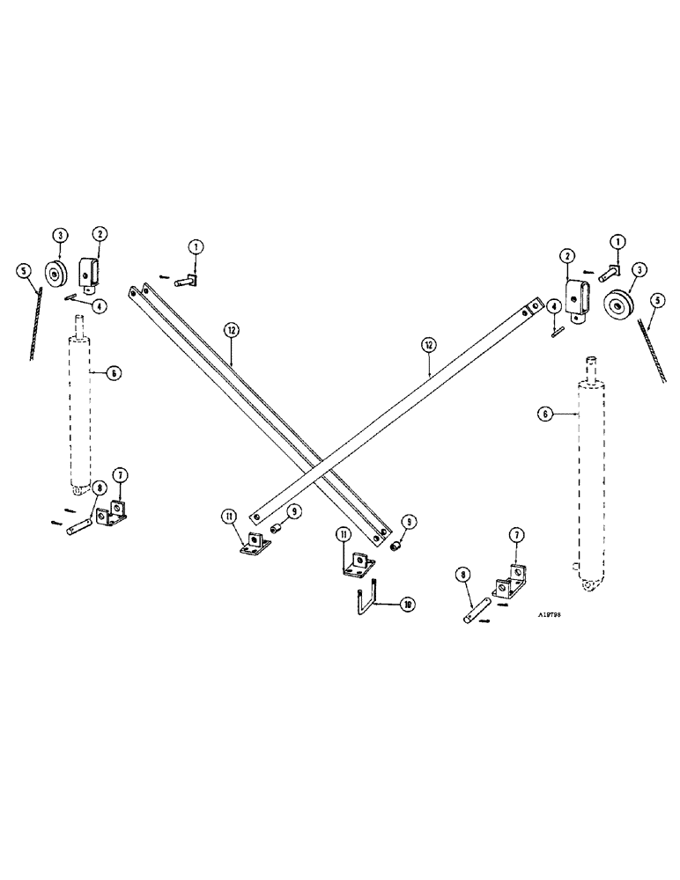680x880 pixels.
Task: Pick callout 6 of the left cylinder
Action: (x=113, y=373)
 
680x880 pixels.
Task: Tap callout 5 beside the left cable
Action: (x=22, y=271)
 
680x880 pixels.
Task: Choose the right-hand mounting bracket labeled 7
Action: (x=508, y=576)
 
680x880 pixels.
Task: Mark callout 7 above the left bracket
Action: (x=121, y=475)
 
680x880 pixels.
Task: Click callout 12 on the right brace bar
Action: (x=427, y=346)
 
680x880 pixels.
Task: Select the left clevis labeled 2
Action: (x=89, y=270)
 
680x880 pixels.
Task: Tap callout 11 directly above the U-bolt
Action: (x=343, y=534)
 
